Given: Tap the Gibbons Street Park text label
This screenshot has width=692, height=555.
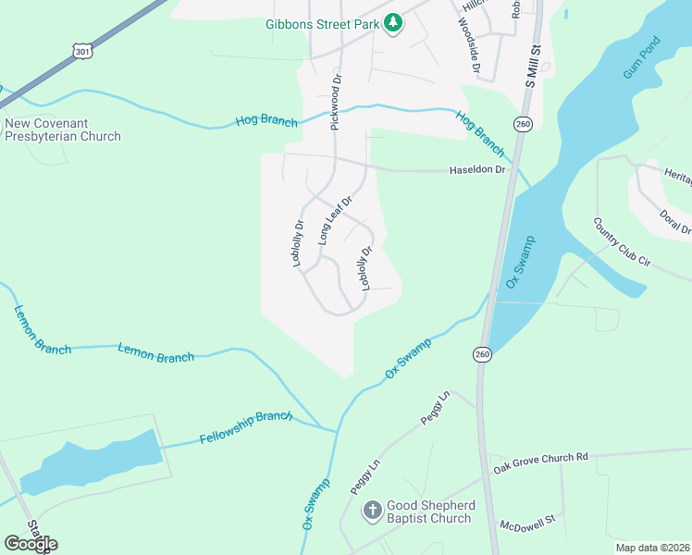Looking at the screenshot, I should (322, 23).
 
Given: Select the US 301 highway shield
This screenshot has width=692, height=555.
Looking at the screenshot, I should (83, 52).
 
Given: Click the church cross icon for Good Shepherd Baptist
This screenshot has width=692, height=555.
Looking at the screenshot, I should (372, 511).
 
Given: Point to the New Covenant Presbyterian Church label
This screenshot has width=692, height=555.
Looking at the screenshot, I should (63, 129).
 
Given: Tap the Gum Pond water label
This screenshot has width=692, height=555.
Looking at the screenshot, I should (642, 58).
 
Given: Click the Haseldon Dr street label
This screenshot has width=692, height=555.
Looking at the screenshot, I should (477, 170).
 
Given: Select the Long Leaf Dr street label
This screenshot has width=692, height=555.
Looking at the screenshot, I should (336, 220).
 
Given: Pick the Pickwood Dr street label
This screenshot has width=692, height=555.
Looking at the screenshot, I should (336, 102).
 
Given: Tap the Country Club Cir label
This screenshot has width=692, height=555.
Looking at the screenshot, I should (623, 242).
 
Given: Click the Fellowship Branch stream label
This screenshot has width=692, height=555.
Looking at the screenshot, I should (246, 428).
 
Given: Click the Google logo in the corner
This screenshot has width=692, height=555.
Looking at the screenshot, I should (31, 543).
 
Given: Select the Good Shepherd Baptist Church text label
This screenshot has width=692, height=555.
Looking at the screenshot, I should (430, 512).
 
